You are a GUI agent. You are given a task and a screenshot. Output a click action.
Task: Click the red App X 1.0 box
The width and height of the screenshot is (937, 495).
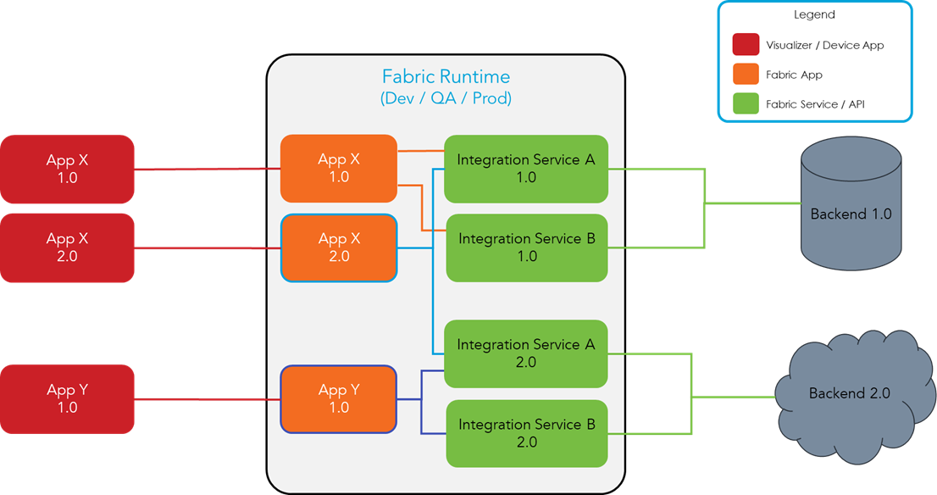click(x=67, y=170)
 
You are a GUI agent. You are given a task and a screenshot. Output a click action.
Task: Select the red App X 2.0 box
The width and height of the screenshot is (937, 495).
click(x=67, y=247)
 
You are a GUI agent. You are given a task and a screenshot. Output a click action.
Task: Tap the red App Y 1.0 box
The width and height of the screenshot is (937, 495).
click(x=67, y=399)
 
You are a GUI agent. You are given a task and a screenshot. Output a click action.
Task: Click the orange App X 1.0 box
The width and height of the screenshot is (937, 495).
click(x=339, y=169)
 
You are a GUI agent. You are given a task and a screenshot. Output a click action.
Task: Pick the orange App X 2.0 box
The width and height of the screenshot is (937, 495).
click(x=339, y=247)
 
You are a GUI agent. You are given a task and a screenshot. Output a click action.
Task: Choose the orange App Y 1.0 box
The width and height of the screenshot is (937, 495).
click(x=339, y=399)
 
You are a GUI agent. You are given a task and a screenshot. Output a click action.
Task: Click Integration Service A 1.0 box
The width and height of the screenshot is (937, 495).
click(x=526, y=169)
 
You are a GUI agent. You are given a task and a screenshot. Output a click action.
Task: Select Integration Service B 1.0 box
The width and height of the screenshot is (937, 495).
click(x=526, y=247)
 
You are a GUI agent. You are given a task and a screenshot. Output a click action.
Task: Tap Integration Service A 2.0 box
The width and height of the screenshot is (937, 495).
click(x=526, y=353)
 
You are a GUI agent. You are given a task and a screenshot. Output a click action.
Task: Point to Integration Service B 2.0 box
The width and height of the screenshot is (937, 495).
click(x=526, y=433)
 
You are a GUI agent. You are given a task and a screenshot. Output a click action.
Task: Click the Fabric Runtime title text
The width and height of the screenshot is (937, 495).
click(x=446, y=76)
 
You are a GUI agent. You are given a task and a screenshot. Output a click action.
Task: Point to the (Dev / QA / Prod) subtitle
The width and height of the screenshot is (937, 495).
click(x=446, y=98)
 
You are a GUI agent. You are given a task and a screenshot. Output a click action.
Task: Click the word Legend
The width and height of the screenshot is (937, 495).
click(x=814, y=14)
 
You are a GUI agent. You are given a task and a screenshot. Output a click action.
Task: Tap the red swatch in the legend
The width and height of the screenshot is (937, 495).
click(x=746, y=45)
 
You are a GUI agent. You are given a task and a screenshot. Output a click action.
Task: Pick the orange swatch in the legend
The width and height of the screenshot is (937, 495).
click(x=746, y=75)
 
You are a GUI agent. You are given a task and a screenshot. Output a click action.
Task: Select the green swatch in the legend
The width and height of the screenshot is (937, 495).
click(x=746, y=103)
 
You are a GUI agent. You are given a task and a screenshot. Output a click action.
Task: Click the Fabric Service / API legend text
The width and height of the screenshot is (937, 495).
click(x=815, y=103)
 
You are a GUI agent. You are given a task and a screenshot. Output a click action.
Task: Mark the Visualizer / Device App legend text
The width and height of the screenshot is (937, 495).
click(x=824, y=45)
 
